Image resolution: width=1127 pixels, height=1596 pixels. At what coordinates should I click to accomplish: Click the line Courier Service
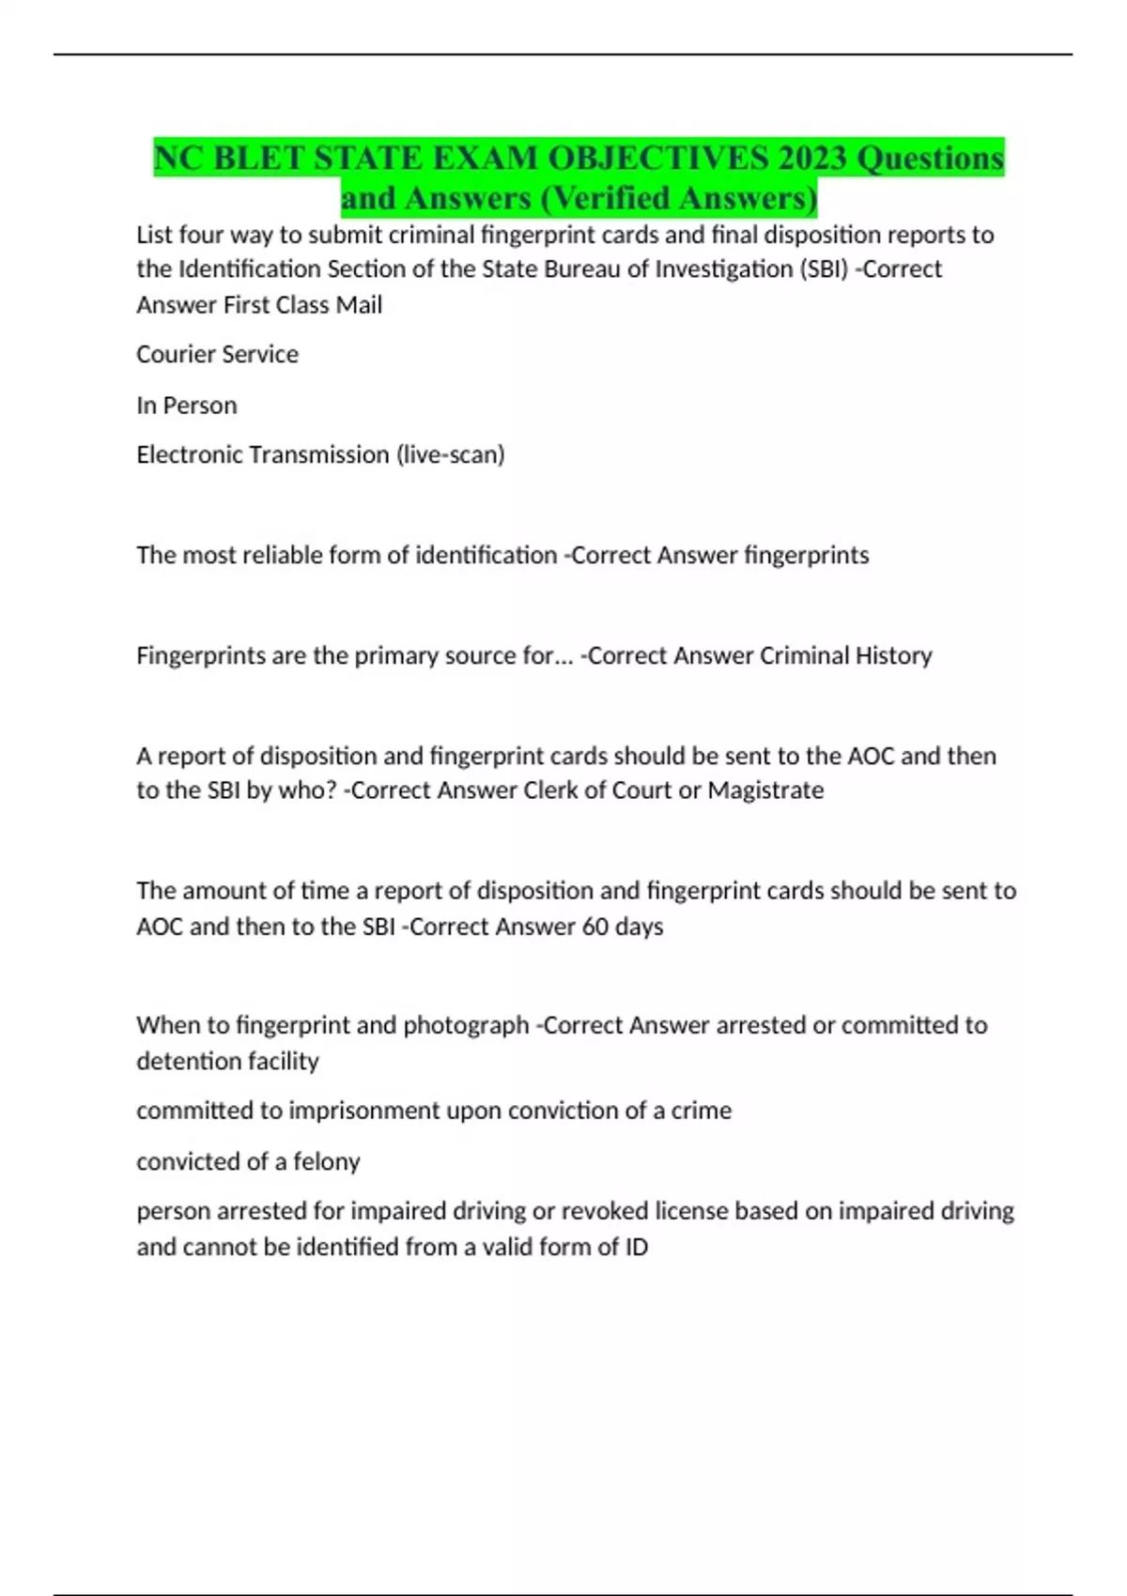[x=217, y=355]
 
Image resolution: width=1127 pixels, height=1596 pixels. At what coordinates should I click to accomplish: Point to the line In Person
[x=186, y=406]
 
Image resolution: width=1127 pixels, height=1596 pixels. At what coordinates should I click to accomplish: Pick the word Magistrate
[x=765, y=790]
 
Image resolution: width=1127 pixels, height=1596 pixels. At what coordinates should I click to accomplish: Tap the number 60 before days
[x=595, y=927]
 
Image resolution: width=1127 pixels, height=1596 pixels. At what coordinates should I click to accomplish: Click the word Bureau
[x=578, y=269]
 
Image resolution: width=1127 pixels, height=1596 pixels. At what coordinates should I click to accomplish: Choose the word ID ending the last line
[x=636, y=1248]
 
